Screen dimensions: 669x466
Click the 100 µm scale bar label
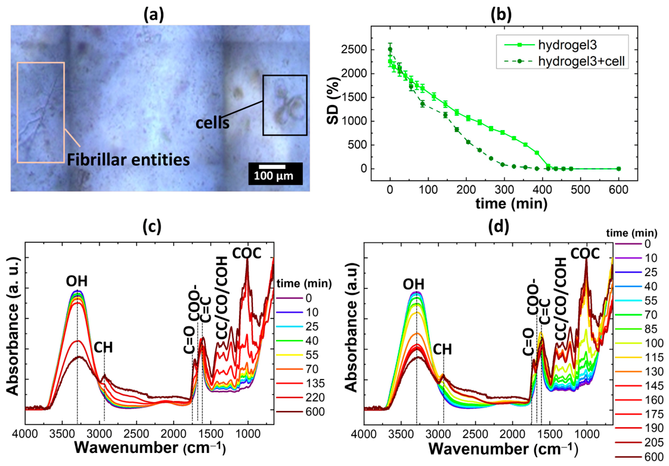pyautogui.click(x=274, y=176)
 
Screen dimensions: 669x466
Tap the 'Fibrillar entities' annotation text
pyautogui.click(x=128, y=160)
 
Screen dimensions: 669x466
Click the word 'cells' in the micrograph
pyautogui.click(x=212, y=123)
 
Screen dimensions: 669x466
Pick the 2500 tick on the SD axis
pyautogui.click(x=354, y=50)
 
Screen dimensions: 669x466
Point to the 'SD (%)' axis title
pyautogui.click(x=334, y=101)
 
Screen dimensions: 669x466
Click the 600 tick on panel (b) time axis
pyautogui.click(x=619, y=189)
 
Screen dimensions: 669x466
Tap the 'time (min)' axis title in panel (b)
pyautogui.click(x=512, y=203)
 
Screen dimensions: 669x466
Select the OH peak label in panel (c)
pyautogui.click(x=77, y=281)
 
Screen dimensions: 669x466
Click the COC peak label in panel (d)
pyautogui.click(x=585, y=254)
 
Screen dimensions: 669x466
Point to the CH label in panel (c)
pyautogui.click(x=103, y=348)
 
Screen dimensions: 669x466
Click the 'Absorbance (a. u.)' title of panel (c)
pyautogui.click(x=13, y=326)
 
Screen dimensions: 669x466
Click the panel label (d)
pyautogui.click(x=499, y=227)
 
